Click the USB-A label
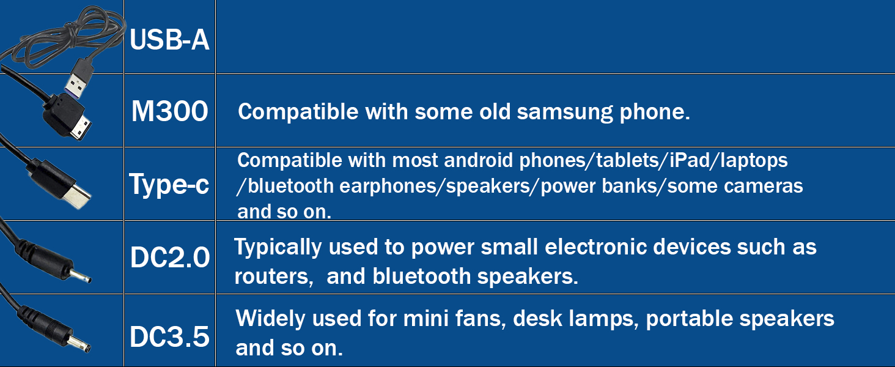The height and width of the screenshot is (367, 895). (169, 41)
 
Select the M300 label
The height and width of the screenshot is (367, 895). (169, 112)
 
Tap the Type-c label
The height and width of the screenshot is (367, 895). (169, 184)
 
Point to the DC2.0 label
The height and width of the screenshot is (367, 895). (169, 258)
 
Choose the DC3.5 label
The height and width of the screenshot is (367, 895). (169, 337)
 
